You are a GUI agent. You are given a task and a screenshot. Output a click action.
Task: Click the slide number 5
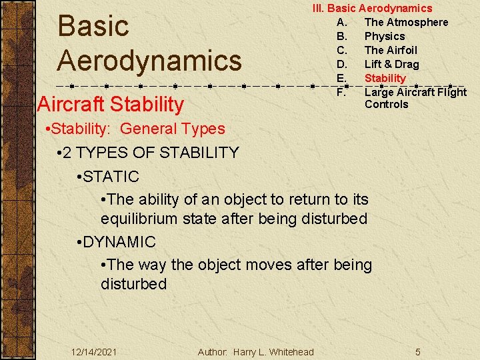coord(417,351)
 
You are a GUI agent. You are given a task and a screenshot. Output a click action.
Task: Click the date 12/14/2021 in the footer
coord(93,351)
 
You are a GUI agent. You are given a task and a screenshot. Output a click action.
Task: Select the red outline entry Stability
coord(385,78)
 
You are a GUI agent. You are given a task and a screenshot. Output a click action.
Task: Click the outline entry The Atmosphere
coord(406,22)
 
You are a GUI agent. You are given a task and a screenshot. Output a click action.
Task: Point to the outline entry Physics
coord(385,36)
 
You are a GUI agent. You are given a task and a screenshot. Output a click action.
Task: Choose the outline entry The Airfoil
coord(391,50)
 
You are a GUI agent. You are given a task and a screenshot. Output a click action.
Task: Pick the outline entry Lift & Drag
coord(391,64)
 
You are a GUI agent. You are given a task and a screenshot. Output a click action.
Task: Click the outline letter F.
coord(341,92)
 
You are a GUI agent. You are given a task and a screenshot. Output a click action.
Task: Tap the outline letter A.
coord(341,22)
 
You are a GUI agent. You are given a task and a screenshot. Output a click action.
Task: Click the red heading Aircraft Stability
coord(111,104)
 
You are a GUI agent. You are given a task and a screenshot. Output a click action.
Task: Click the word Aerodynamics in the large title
coord(149,60)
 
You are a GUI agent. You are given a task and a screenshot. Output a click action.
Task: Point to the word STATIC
coord(111,177)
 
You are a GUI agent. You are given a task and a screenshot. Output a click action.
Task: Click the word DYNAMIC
coord(119,242)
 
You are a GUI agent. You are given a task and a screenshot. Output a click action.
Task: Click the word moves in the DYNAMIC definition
coord(269,265)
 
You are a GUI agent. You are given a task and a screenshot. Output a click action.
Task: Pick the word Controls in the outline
coord(386,104)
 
